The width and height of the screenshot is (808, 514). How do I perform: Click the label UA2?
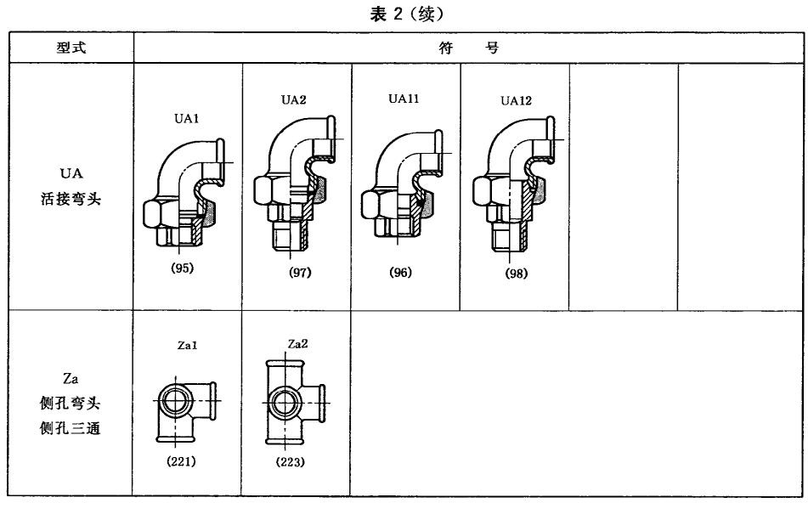tap(293, 99)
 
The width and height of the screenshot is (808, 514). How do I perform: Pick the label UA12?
tap(515, 100)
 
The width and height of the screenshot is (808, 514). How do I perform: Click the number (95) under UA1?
tap(183, 268)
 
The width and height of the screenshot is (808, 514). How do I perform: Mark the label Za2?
tap(297, 344)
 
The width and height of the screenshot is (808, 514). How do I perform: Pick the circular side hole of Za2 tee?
tap(289, 400)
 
